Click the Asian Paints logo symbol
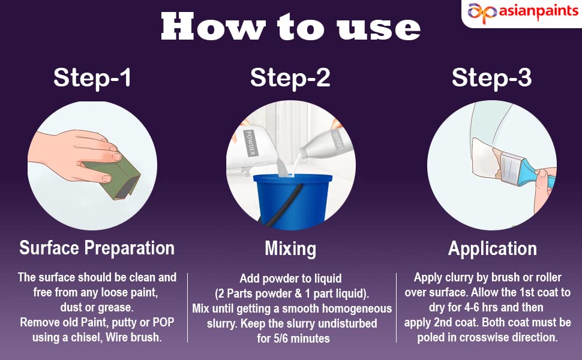(482, 13)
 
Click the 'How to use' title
(290, 27)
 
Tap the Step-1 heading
(92, 77)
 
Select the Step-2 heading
(290, 77)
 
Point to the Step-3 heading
(492, 77)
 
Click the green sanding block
(112, 177)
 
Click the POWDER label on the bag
(250, 143)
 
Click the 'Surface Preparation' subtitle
(97, 248)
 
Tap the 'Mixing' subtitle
(290, 248)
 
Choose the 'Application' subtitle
(492, 248)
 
